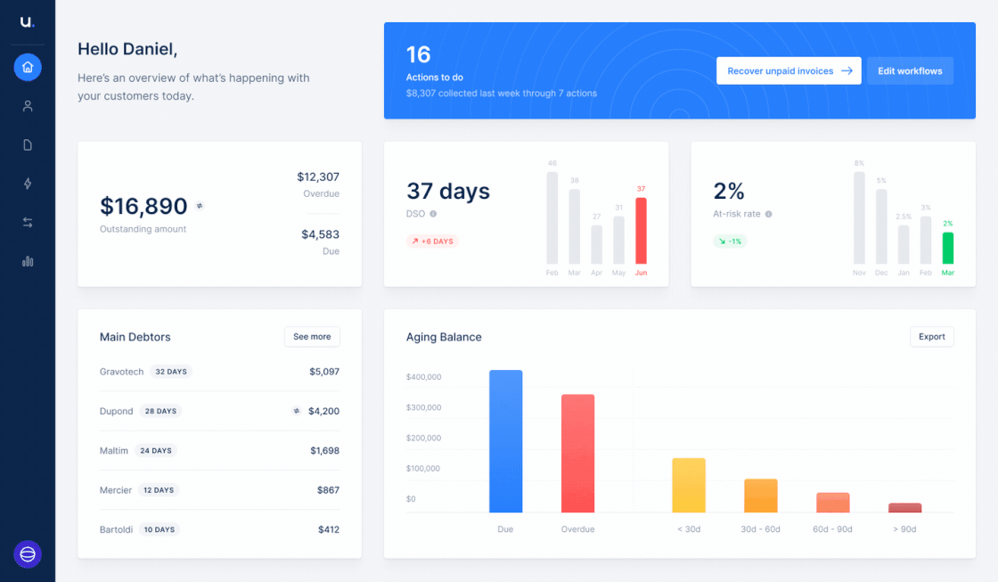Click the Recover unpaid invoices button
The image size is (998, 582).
[789, 70]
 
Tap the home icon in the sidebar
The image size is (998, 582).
[28, 67]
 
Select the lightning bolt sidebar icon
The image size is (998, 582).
[28, 184]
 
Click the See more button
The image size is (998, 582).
[312, 337]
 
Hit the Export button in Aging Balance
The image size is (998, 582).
[932, 337]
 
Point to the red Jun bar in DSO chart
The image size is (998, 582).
[641, 231]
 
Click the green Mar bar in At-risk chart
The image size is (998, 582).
[948, 249]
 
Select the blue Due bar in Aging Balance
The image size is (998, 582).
[505, 441]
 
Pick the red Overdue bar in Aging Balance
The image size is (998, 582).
[578, 454]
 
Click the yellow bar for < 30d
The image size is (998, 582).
[689, 485]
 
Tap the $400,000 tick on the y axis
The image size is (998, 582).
[424, 377]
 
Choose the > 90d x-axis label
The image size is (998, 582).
[904, 529]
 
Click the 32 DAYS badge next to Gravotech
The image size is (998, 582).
[171, 372]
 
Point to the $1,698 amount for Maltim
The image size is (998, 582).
[324, 451]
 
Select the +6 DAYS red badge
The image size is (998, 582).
[432, 242]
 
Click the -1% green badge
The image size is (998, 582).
[730, 242]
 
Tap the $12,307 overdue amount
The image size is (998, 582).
[318, 177]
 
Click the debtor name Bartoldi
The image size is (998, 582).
[116, 529]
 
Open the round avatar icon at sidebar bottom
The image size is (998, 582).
[28, 554]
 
